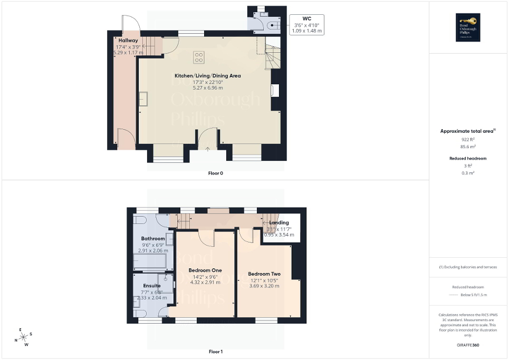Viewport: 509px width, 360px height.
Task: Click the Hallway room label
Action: tap(128, 41)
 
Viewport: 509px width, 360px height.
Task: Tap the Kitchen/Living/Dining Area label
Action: tap(207, 76)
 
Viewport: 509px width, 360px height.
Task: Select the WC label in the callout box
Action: tap(306, 18)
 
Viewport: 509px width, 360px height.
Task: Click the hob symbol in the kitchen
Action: tap(199, 56)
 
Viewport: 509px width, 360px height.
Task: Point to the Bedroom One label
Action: tap(206, 270)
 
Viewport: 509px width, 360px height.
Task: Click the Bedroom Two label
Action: tap(264, 274)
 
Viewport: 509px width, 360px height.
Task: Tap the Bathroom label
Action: tap(152, 239)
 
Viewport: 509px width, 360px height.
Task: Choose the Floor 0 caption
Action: tap(215, 173)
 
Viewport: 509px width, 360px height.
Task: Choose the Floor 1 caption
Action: tap(215, 352)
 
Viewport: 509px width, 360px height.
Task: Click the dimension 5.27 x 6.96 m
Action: tap(207, 88)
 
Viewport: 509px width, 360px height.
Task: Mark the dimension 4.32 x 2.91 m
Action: tap(206, 283)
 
